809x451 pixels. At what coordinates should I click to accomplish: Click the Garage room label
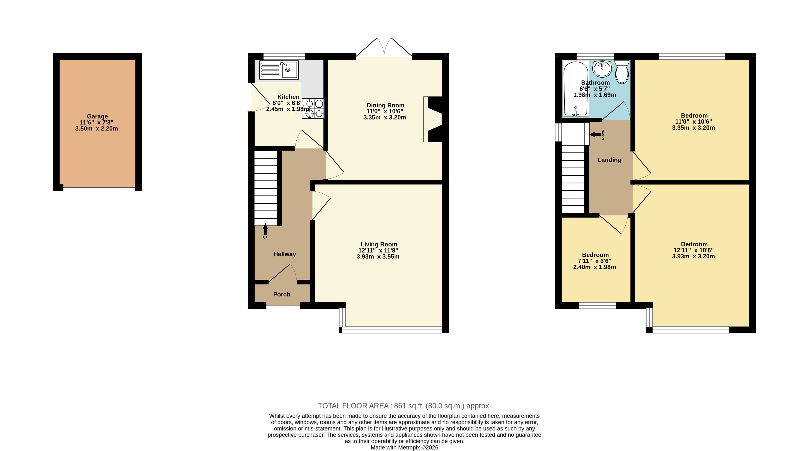click(x=97, y=116)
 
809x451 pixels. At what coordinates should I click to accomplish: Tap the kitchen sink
click(x=279, y=70)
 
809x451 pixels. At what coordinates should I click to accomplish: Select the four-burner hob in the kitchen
click(x=313, y=109)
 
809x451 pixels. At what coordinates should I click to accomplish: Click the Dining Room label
click(x=385, y=105)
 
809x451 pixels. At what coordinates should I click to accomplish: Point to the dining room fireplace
click(x=433, y=119)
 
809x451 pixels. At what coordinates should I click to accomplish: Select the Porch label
click(x=282, y=294)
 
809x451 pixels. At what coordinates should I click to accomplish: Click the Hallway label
click(x=284, y=254)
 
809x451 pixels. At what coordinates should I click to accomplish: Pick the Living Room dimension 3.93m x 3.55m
click(x=378, y=257)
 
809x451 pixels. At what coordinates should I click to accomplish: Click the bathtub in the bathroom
click(x=576, y=89)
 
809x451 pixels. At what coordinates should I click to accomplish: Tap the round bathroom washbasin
click(x=602, y=69)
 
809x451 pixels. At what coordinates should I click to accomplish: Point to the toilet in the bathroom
click(x=622, y=72)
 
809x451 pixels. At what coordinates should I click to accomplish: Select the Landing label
click(x=609, y=160)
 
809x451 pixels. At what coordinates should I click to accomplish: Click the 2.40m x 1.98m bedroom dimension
click(x=594, y=267)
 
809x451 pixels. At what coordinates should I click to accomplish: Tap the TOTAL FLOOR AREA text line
click(x=404, y=406)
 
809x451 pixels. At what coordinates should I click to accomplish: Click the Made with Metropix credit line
click(x=404, y=448)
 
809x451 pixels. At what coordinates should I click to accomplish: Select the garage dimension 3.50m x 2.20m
click(x=96, y=129)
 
